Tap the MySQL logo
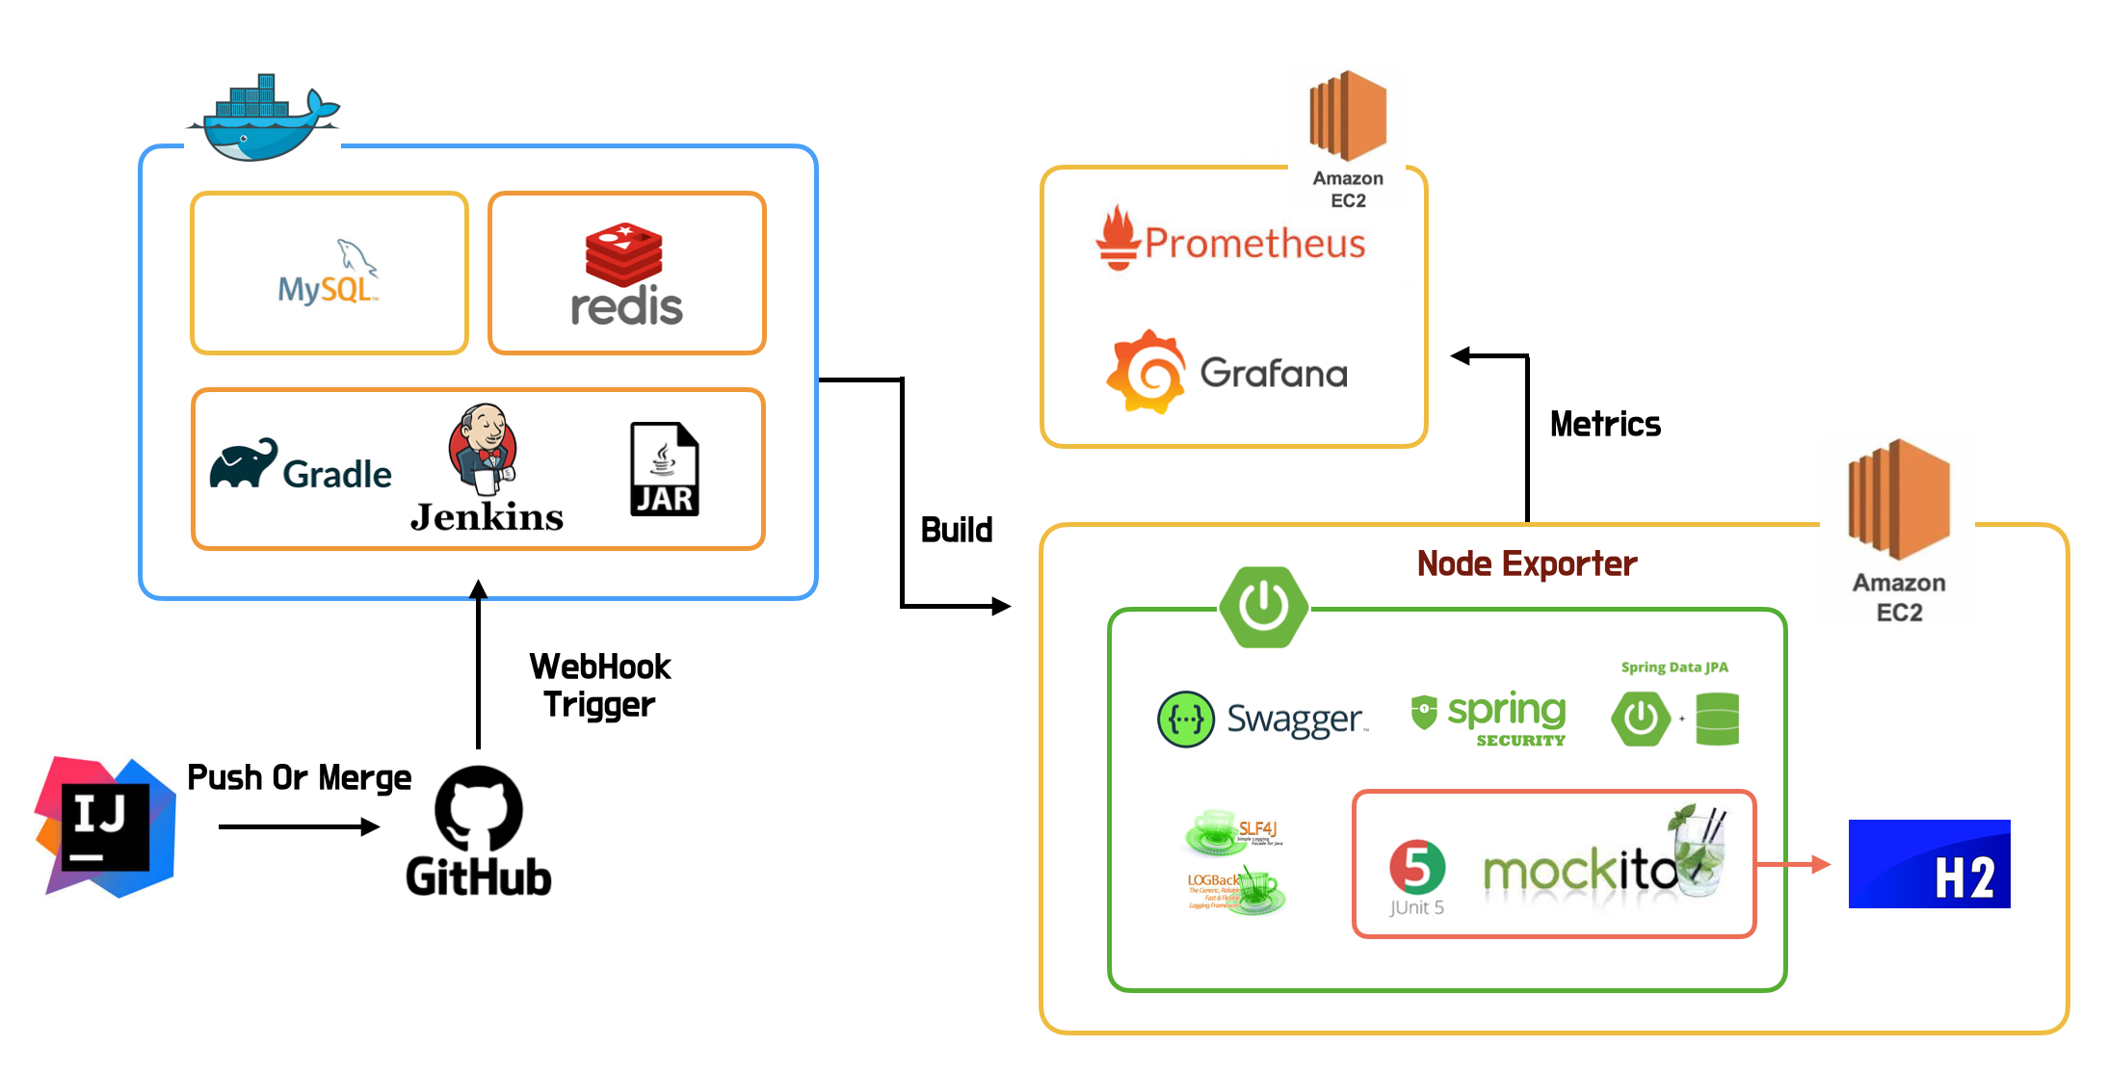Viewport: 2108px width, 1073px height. [329, 274]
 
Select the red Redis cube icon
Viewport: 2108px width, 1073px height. [624, 253]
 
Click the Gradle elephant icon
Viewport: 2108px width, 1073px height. [243, 464]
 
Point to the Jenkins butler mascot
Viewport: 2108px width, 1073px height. [483, 449]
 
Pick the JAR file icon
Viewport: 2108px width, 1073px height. [664, 469]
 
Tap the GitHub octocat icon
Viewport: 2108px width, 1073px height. [479, 808]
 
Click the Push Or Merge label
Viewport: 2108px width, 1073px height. [299, 777]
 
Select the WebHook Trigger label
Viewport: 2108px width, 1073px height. [599, 685]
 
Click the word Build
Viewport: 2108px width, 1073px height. [956, 530]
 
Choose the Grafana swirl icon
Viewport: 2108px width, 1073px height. [1146, 372]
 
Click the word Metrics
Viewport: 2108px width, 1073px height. [1605, 424]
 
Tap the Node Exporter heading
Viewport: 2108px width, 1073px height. [1526, 563]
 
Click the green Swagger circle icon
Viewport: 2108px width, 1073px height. [1185, 719]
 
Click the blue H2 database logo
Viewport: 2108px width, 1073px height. [1929, 864]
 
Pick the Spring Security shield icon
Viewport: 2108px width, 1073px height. [1423, 713]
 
